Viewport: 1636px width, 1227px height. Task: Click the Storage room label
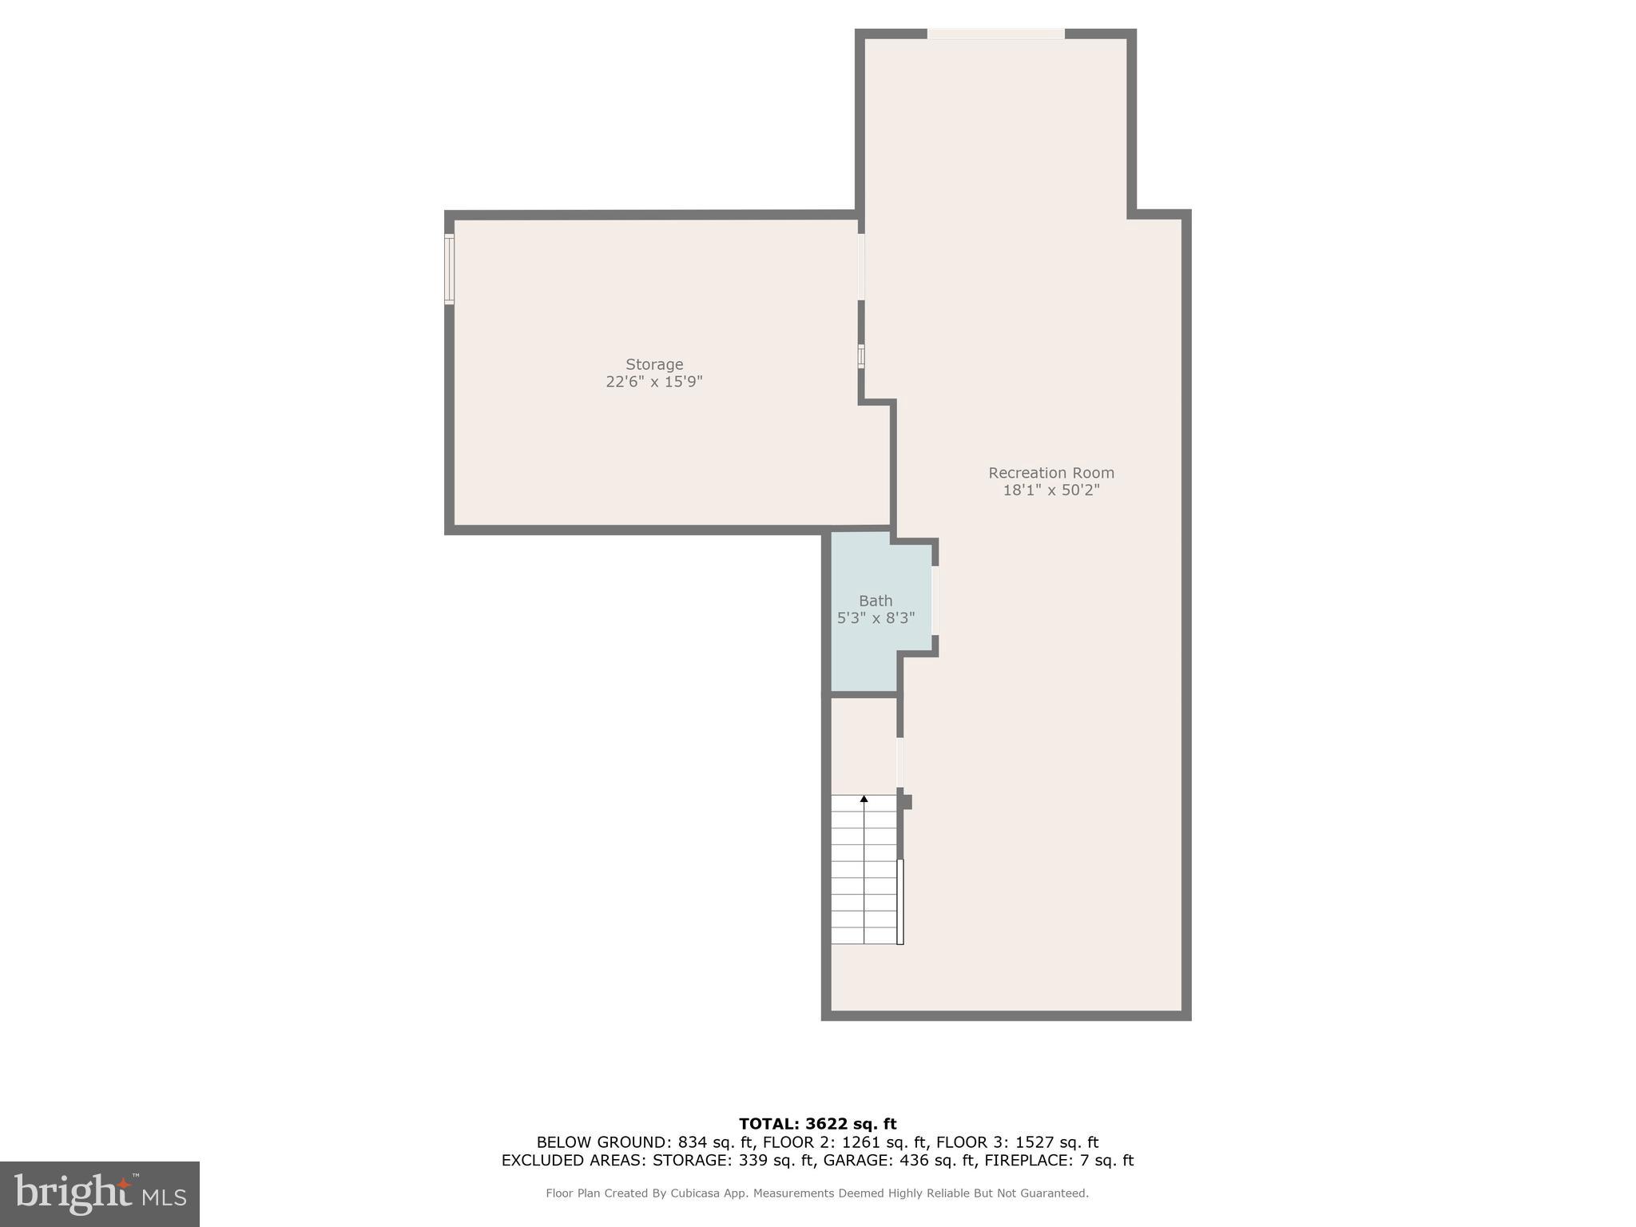653,364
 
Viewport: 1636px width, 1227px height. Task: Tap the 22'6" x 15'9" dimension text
653,382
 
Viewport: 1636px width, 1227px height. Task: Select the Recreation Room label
1050,473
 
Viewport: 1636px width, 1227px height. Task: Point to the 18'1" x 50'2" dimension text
1050,490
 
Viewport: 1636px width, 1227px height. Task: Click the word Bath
876,601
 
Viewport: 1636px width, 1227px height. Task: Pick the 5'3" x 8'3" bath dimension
876,618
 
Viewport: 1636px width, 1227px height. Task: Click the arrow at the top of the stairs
864,799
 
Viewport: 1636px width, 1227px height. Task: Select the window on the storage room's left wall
450,268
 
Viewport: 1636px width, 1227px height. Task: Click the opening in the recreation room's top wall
995,34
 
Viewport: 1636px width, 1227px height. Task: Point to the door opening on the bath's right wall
935,600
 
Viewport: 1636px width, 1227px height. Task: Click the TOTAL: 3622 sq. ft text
817,1125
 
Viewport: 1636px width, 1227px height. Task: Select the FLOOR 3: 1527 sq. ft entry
1017,1142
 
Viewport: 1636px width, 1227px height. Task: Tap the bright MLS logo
100,1193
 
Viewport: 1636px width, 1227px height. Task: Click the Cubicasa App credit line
817,1193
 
